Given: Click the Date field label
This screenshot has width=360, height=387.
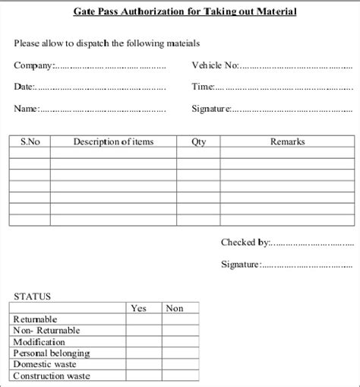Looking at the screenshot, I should pos(25,87).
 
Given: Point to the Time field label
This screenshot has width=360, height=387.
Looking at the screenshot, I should pos(203,87).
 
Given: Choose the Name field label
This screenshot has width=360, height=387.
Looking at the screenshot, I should pos(27,109).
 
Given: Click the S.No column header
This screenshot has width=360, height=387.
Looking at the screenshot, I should pos(30,141).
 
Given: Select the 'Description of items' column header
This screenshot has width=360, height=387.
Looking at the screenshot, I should pos(113,141).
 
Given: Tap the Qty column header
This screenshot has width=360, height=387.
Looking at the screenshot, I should pos(198,141).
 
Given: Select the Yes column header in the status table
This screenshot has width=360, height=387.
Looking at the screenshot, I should pos(139,308).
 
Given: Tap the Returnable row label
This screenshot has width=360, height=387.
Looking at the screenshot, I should pos(35,319).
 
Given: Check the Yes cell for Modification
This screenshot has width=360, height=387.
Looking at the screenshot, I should pos(144,342).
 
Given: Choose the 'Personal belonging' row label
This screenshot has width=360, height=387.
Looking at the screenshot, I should pos(52,354).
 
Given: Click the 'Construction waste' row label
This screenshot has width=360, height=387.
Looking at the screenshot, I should pos(52,376).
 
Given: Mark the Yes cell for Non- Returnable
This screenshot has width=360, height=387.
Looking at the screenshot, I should pos(144,331).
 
